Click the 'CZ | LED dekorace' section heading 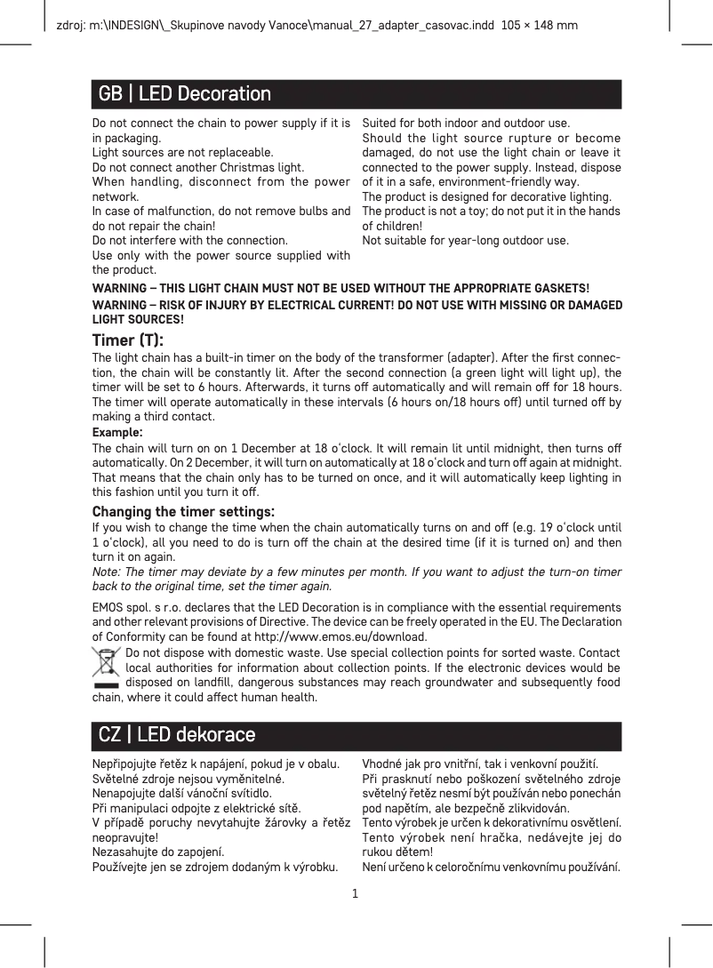[177, 735]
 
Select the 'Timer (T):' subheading [128, 340]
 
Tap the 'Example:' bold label [118, 432]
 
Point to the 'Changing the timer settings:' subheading [183, 512]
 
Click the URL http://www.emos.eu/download [341, 637]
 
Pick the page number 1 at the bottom [356, 892]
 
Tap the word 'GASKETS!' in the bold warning [560, 288]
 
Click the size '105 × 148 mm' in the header [540, 25]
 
